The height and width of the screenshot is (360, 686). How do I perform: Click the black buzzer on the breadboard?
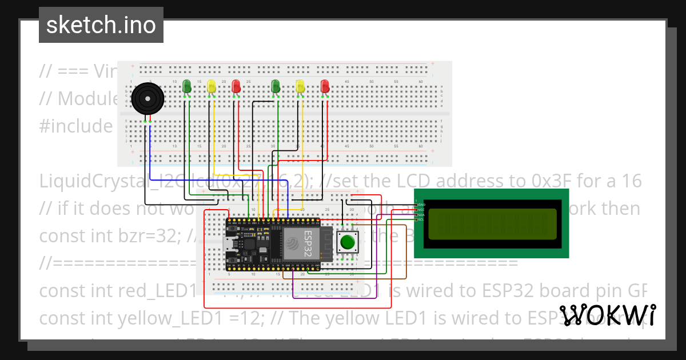147,100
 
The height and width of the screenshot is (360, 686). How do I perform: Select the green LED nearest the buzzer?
186,86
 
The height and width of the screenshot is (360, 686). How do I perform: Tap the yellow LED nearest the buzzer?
212,86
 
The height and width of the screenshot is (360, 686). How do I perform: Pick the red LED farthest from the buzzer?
325,86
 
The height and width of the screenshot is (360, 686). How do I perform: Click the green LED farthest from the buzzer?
276,86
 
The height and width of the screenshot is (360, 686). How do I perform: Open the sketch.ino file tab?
101,25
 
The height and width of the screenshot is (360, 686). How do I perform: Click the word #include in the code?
76,126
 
